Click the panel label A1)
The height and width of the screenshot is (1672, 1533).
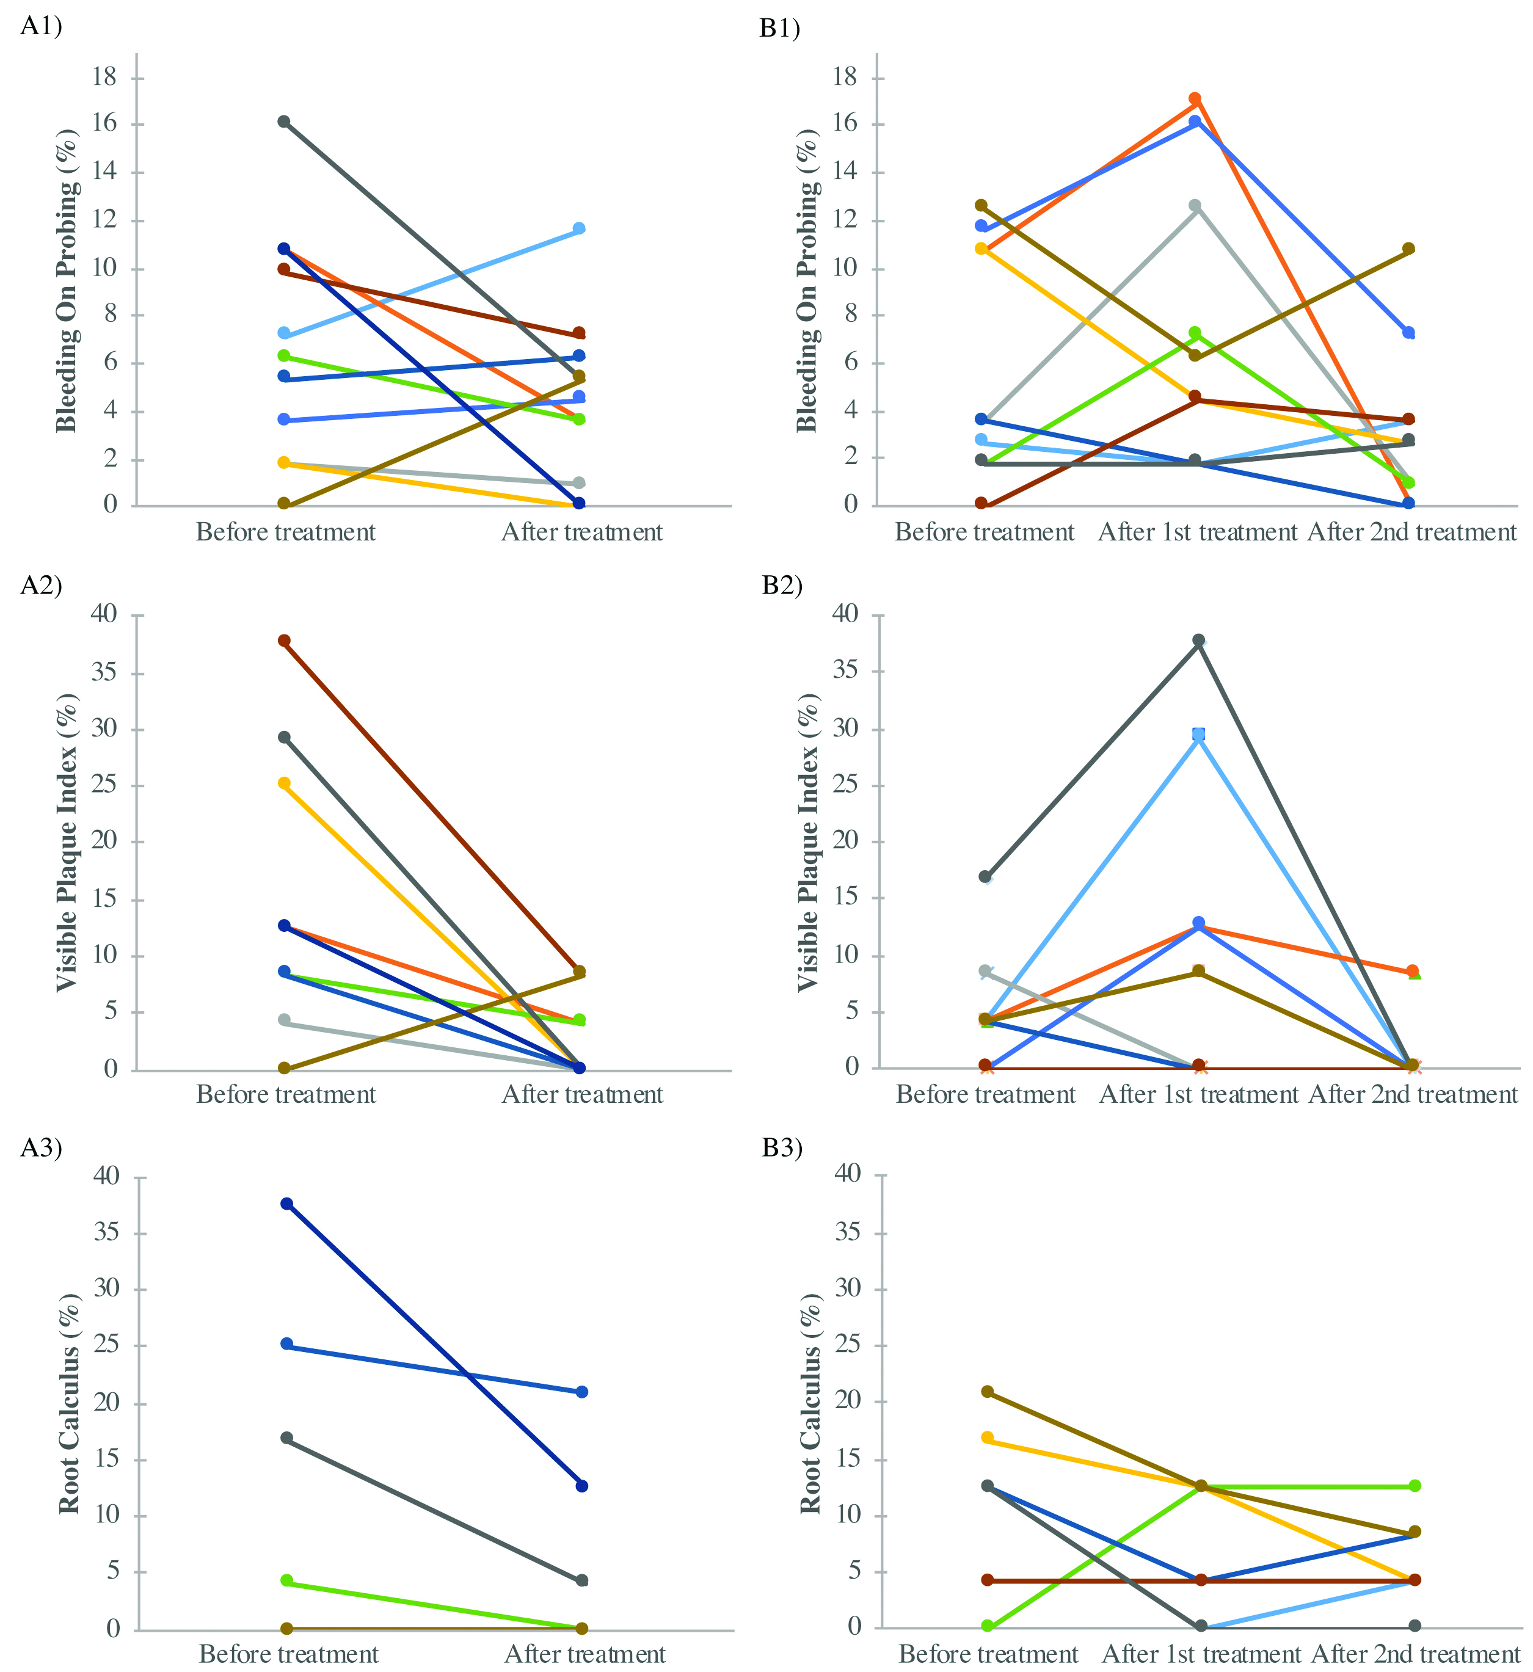tap(41, 26)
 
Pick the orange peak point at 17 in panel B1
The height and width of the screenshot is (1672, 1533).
tap(1195, 100)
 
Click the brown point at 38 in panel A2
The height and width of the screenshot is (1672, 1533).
tap(284, 640)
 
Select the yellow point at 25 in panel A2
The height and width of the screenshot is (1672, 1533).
tap(284, 783)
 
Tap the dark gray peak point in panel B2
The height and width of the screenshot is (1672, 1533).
tap(1199, 640)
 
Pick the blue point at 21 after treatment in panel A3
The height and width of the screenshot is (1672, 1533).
tap(581, 1392)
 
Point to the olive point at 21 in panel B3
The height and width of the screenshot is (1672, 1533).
tap(987, 1392)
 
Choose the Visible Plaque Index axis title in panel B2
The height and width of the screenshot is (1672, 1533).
tap(808, 842)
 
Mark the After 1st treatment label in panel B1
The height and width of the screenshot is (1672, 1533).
tap(1198, 532)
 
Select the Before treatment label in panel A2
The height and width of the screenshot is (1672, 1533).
tap(286, 1095)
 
